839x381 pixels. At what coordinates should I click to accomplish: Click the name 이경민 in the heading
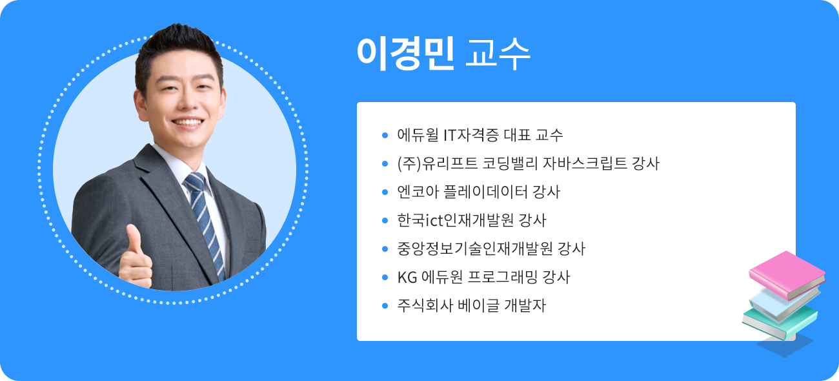405,54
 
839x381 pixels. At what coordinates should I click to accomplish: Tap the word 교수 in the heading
498,54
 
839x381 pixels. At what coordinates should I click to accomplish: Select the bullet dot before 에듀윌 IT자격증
385,136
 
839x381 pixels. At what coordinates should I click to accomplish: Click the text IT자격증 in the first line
468,135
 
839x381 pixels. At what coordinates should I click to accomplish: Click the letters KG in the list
407,277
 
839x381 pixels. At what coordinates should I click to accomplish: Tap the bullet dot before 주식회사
385,305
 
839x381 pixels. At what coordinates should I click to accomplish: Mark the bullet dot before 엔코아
385,192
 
